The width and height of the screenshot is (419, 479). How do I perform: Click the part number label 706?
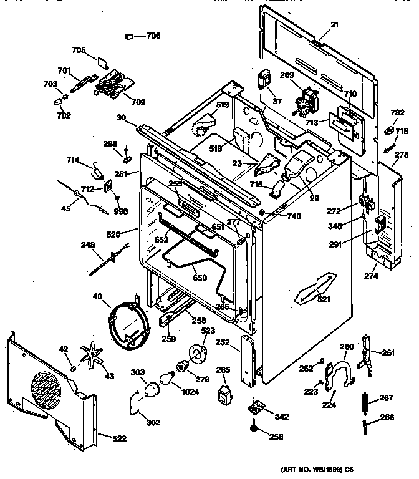point(153,36)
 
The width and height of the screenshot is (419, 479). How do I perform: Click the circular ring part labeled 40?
point(128,322)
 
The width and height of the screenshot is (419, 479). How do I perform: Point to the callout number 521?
point(324,300)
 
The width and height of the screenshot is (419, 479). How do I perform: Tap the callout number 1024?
point(190,392)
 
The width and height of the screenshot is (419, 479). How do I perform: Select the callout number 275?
point(402,155)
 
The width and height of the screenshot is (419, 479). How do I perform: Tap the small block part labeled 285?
point(223,395)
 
